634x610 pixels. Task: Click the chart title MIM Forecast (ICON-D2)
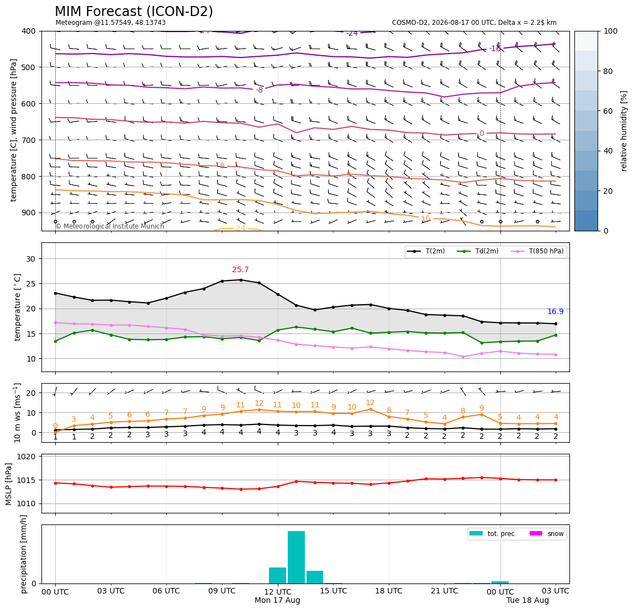(x=134, y=12)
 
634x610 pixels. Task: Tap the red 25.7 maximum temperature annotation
(x=240, y=269)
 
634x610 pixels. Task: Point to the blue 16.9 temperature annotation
(x=555, y=312)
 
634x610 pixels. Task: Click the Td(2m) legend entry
(x=478, y=251)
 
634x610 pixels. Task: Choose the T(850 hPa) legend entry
(x=537, y=251)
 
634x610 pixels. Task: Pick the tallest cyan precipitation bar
(x=297, y=557)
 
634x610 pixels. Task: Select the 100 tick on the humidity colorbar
(x=611, y=31)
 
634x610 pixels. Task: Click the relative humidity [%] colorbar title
(x=624, y=131)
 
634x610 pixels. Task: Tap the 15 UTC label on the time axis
(x=334, y=591)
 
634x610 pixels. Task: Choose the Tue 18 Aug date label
(x=527, y=600)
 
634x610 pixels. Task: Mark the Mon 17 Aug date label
(x=277, y=600)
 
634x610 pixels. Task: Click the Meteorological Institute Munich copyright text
(x=110, y=226)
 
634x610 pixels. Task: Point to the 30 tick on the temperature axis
(x=31, y=259)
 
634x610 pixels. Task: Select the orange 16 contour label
(x=425, y=218)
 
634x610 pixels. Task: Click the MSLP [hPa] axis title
(x=9, y=484)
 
